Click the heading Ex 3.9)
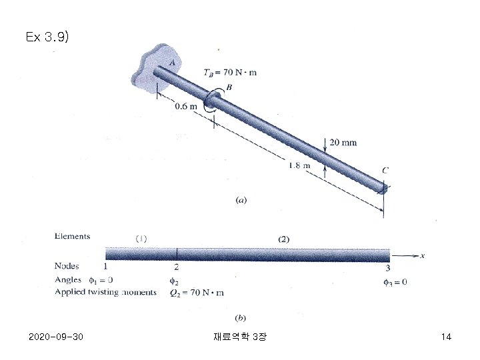pyautogui.click(x=47, y=37)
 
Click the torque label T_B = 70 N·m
pyautogui.click(x=230, y=73)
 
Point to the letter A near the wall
pyautogui.click(x=173, y=63)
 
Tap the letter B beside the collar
pyautogui.click(x=229, y=87)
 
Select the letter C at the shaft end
pyautogui.click(x=385, y=170)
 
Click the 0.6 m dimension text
pyautogui.click(x=186, y=106)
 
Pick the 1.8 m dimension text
pyautogui.click(x=299, y=165)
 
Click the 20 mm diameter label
pyautogui.click(x=343, y=143)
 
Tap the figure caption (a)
pyautogui.click(x=241, y=200)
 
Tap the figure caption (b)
pyautogui.click(x=240, y=318)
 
